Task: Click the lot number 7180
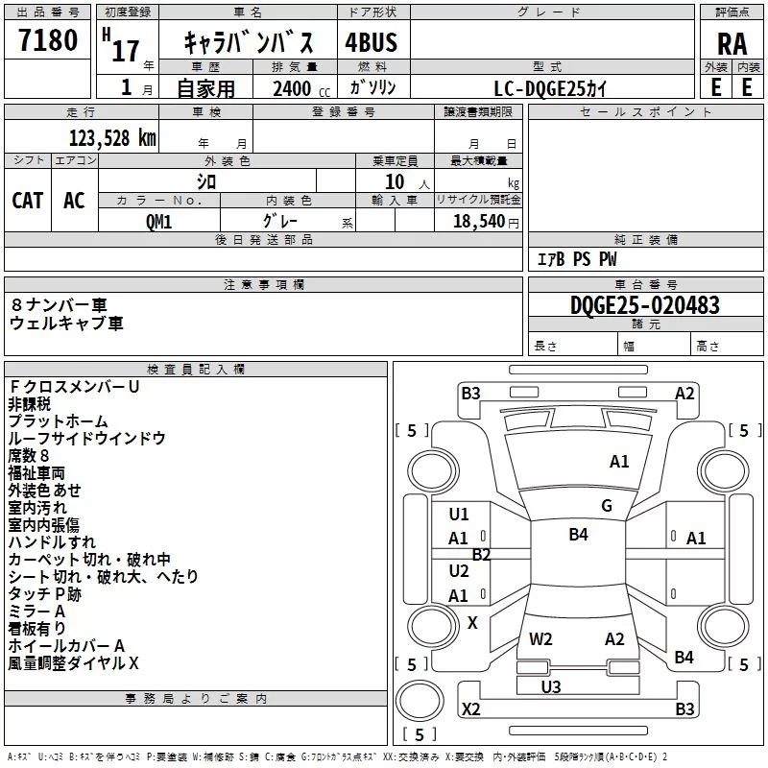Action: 48,40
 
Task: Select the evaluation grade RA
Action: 732,43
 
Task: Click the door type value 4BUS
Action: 371,42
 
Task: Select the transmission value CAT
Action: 28,200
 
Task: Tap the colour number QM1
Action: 159,220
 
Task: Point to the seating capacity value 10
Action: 395,181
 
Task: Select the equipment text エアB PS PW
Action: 576,259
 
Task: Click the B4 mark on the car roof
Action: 578,535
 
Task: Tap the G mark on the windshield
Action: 607,506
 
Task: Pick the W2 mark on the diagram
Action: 541,639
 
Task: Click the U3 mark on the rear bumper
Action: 551,686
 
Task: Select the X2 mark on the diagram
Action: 471,709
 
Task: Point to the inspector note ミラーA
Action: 36,612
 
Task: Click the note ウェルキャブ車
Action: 66,324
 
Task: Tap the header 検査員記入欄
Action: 196,370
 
